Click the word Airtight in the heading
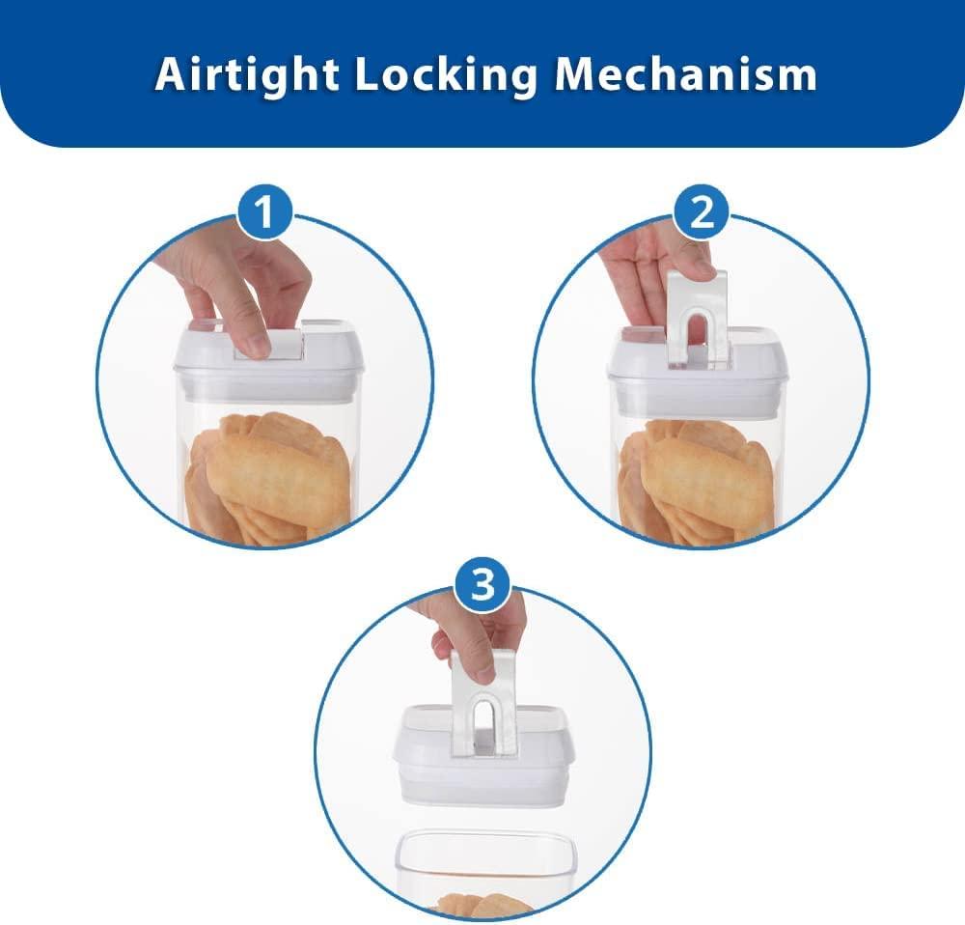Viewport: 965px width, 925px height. click(246, 75)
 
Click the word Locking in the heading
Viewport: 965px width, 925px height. click(446, 75)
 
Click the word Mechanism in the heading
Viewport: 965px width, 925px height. click(685, 74)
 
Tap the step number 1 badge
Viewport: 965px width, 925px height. click(264, 211)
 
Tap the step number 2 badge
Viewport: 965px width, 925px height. click(702, 211)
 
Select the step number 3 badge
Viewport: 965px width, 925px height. click(482, 584)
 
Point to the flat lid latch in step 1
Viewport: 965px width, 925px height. click(269, 345)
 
